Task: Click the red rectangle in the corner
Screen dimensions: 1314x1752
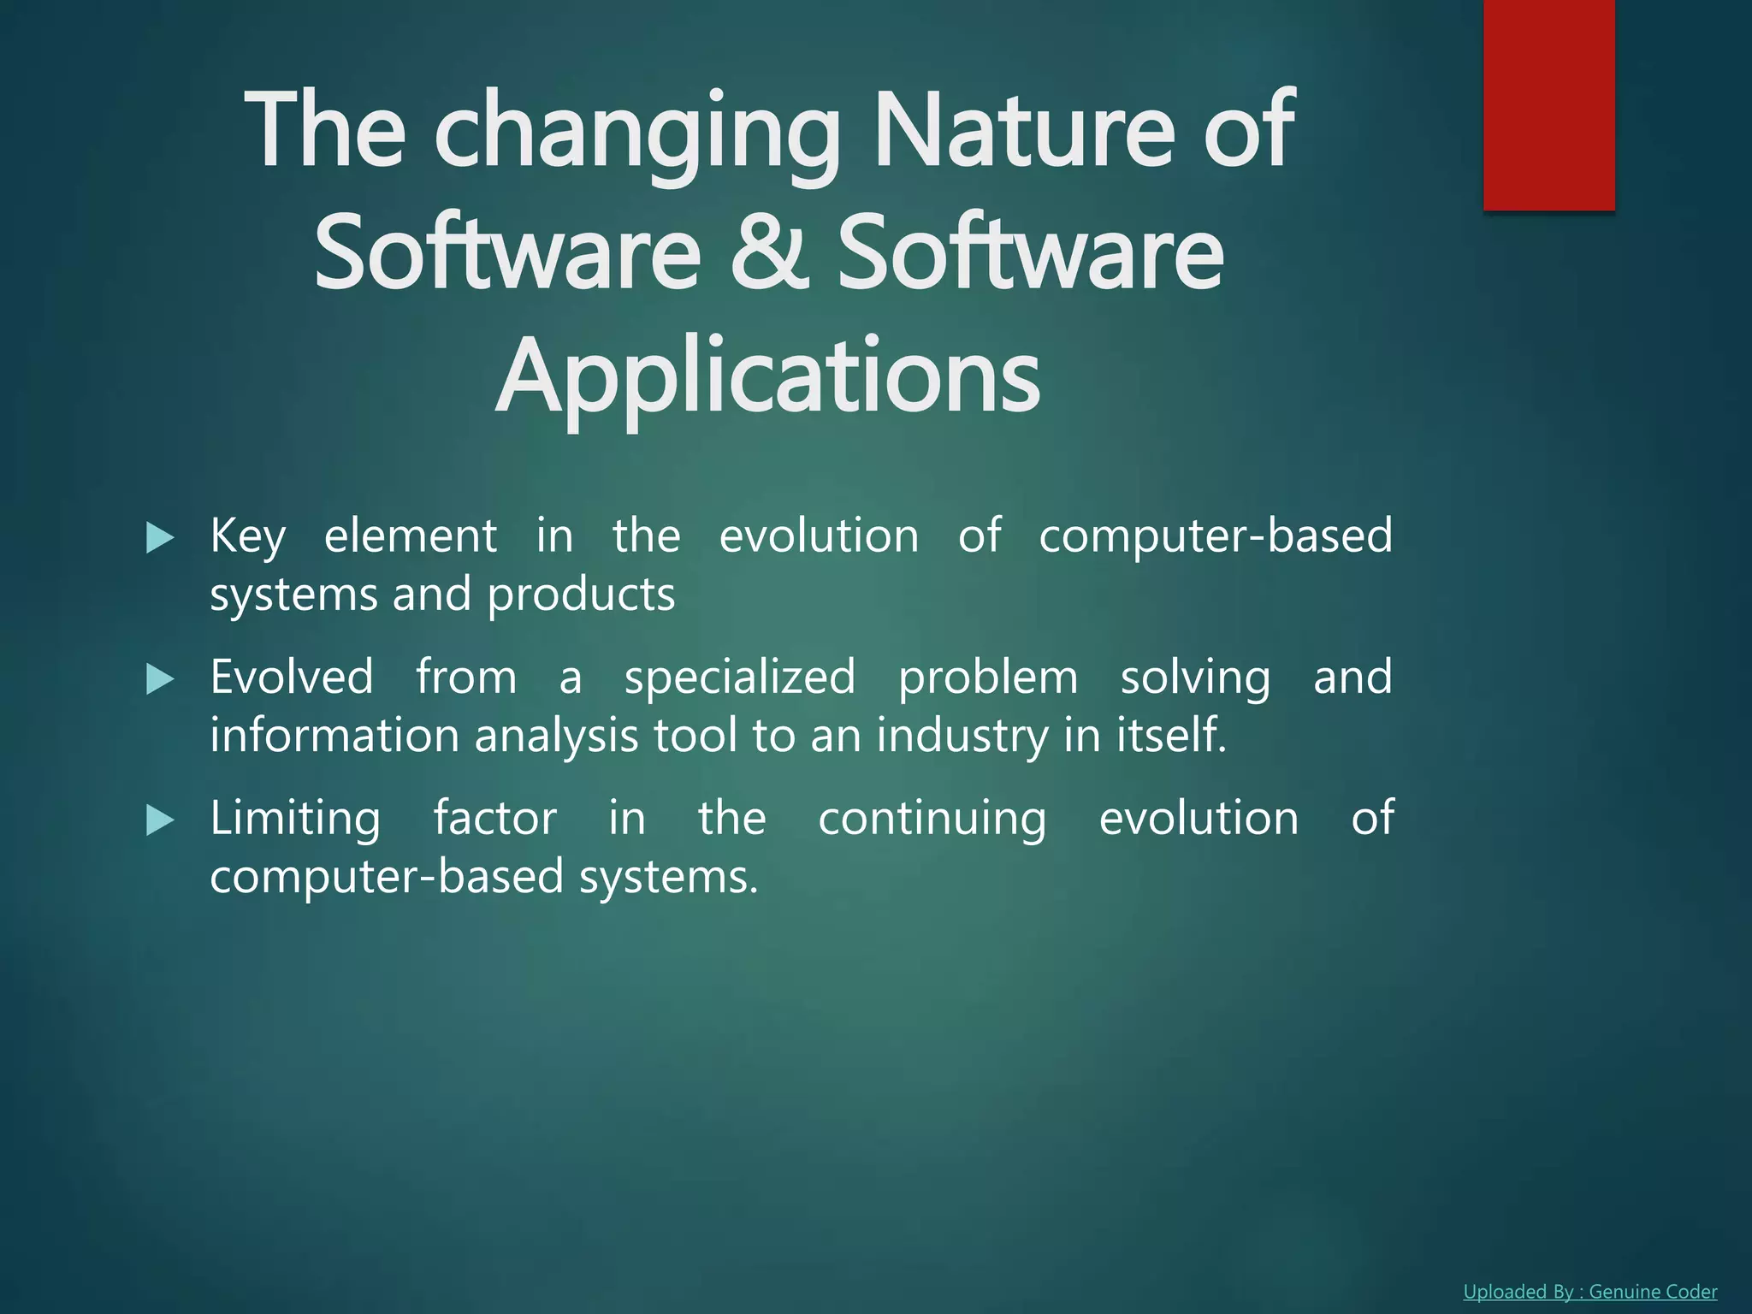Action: point(1548,104)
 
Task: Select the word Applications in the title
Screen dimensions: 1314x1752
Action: point(767,377)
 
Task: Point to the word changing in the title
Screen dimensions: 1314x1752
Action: point(637,133)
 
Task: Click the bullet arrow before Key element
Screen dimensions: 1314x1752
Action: point(160,538)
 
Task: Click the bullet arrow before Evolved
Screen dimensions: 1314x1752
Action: point(160,680)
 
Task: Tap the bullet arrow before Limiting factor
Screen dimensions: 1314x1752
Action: point(160,821)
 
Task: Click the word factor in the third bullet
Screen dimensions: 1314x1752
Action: point(494,819)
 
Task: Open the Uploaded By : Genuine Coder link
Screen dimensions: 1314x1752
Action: point(1589,1292)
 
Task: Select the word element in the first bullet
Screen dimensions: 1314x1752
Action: point(410,536)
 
